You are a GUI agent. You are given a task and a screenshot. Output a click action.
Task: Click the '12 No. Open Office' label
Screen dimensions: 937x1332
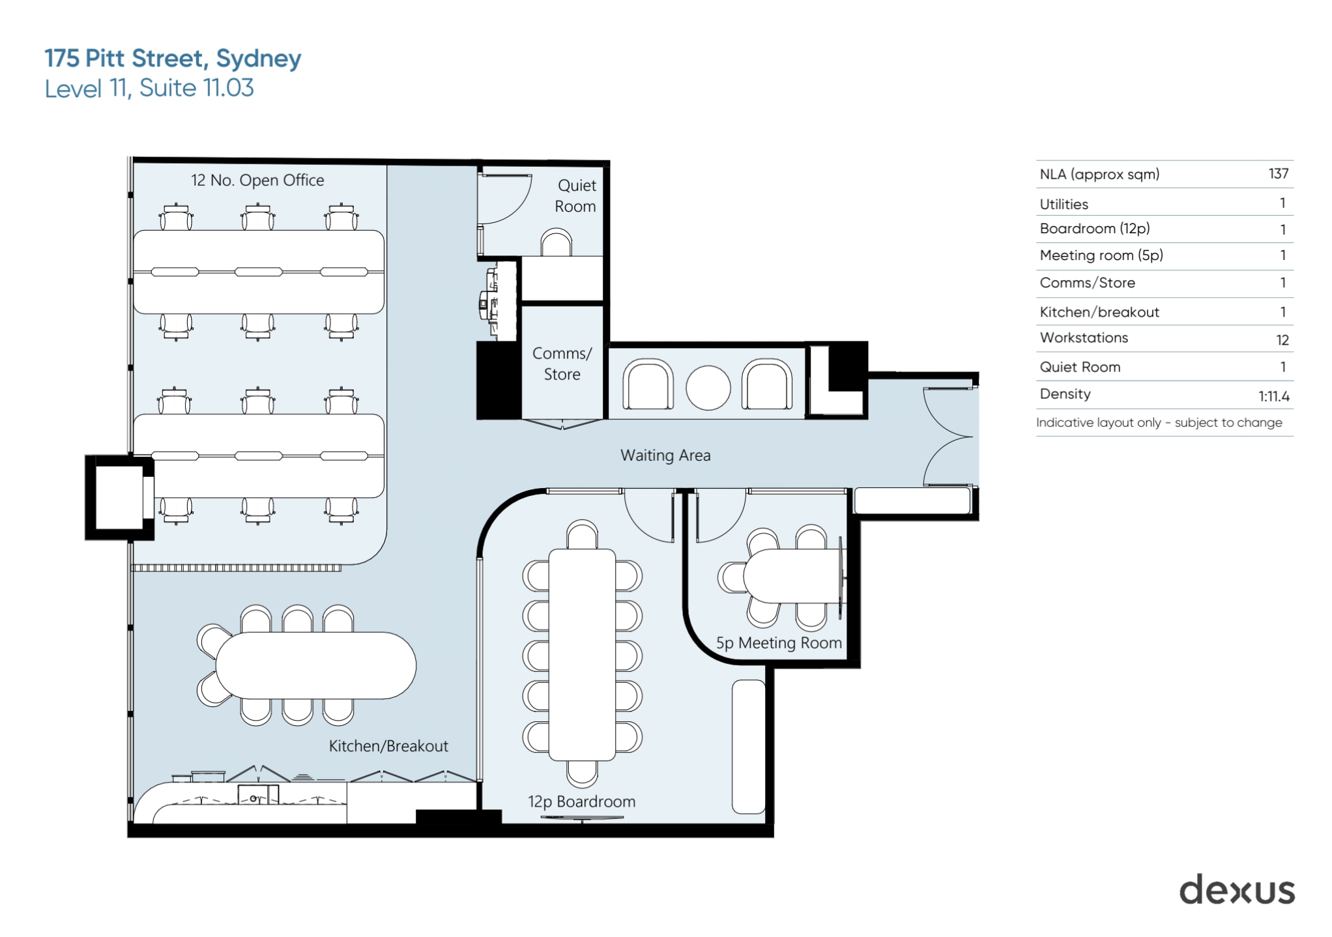[257, 180]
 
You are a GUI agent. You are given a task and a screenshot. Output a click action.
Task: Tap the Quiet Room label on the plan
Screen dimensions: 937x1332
[575, 195]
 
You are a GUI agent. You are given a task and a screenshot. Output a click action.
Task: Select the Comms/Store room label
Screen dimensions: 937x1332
[562, 364]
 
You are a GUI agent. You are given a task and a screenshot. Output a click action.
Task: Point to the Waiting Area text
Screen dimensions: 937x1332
[665, 455]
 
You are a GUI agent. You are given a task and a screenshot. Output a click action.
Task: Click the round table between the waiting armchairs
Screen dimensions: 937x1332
[708, 388]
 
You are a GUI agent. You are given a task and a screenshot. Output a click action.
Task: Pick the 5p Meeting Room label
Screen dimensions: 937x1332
[779, 643]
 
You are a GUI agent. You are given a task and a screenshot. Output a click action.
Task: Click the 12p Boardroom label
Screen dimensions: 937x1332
[581, 801]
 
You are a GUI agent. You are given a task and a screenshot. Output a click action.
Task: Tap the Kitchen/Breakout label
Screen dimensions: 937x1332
[388, 746]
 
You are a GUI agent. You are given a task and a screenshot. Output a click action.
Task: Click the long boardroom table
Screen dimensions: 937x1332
[582, 654]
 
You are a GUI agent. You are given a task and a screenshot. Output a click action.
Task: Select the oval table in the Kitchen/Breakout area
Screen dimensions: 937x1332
[316, 665]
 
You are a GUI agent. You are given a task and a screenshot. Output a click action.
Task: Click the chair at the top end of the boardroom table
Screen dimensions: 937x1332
[582, 535]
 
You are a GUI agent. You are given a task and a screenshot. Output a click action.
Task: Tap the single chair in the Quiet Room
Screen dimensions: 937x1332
[556, 244]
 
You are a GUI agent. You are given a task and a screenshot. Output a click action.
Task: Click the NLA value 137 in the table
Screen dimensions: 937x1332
[1278, 174]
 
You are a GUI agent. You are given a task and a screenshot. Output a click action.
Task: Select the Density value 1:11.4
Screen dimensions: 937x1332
[1273, 396]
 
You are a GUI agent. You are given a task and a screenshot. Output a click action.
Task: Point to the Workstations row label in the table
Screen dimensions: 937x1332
[1084, 338]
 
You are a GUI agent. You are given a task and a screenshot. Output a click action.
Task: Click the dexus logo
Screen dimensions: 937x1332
[1236, 890]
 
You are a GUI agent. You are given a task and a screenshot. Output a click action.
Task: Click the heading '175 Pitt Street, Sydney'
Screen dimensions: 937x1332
[173, 59]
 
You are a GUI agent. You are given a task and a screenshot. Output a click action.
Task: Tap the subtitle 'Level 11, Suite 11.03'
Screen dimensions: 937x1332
[149, 89]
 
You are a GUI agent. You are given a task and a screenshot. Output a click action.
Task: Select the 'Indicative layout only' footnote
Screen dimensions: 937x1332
[1159, 423]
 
